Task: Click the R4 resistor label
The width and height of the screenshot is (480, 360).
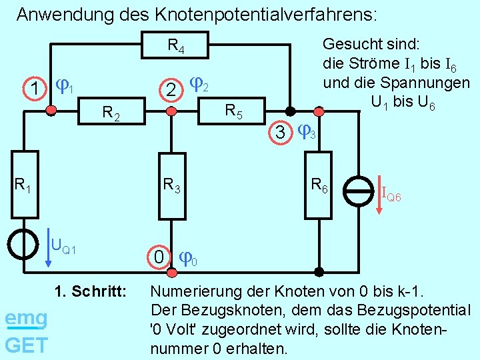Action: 176,46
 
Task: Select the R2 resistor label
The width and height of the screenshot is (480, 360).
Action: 111,114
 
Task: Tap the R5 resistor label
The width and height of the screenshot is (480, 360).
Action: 233,111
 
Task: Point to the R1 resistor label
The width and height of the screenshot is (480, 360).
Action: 23,183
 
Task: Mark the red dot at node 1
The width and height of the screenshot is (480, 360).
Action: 51,111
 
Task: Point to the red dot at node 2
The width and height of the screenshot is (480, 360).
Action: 172,111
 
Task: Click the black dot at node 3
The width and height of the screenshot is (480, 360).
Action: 289,111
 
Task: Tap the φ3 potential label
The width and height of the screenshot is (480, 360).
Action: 307,133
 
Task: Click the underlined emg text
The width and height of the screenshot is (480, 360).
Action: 26,319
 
